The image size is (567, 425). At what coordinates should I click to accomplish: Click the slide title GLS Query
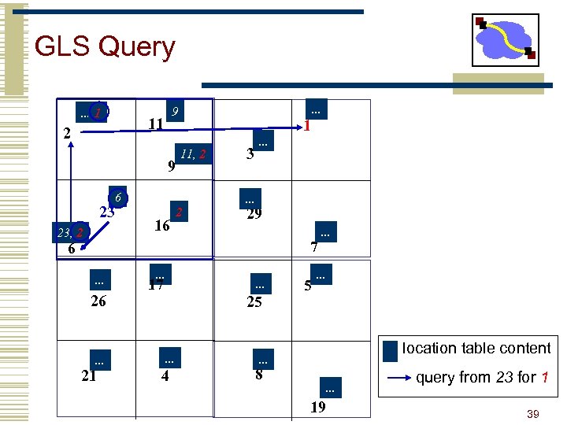click(105, 47)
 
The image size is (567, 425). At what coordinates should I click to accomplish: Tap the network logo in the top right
click(505, 40)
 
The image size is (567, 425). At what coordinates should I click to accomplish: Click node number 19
click(318, 407)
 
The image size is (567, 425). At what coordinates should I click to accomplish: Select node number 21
click(89, 375)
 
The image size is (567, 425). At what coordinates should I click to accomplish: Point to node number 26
click(98, 301)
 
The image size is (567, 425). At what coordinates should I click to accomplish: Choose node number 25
click(254, 301)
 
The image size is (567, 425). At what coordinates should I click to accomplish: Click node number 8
click(259, 375)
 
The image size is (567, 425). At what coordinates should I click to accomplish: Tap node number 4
click(165, 375)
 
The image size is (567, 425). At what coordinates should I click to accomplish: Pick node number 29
click(254, 214)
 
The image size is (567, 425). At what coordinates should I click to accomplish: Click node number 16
click(162, 226)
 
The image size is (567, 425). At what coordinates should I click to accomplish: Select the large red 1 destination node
click(309, 125)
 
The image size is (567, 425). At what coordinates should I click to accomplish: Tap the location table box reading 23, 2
click(71, 232)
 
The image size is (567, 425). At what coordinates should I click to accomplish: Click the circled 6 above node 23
click(117, 197)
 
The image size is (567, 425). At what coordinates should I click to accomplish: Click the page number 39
click(532, 414)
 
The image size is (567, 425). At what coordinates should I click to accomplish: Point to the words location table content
click(476, 348)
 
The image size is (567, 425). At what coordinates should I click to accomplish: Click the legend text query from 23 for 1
click(481, 378)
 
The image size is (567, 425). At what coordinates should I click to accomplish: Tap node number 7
click(313, 248)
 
